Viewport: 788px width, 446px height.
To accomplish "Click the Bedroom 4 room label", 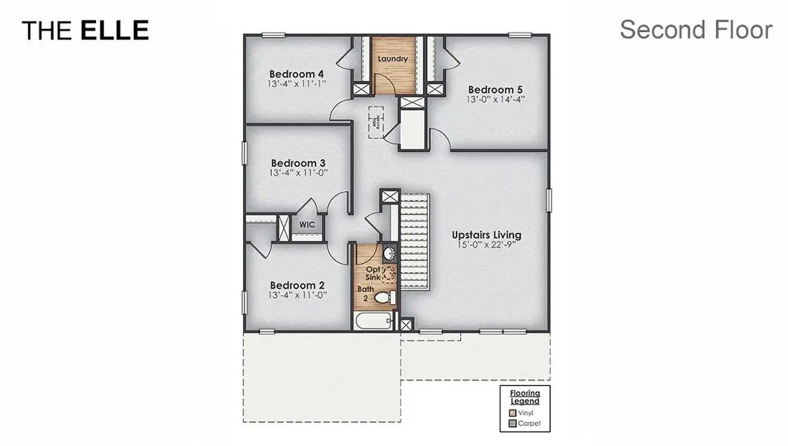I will coord(296,74).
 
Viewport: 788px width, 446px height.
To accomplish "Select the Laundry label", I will coord(393,58).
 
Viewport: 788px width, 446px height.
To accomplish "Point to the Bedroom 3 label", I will coord(298,163).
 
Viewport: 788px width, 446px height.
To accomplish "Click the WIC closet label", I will coord(307,224).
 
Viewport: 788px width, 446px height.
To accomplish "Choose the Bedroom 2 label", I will coord(297,285).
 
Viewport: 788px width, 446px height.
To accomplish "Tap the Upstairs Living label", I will coord(486,235).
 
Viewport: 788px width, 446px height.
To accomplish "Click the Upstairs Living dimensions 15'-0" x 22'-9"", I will coord(486,245).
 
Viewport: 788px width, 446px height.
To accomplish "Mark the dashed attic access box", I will coord(378,122).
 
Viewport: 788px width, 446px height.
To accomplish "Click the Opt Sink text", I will coord(373,273).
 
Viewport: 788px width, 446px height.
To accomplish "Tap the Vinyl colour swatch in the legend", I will coord(512,413).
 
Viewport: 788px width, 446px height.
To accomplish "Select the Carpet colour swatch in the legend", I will coord(512,424).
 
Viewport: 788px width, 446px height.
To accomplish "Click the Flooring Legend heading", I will coord(525,396).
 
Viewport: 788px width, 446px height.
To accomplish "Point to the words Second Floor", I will coord(696,30).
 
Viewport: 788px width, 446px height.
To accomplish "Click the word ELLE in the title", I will coord(114,30).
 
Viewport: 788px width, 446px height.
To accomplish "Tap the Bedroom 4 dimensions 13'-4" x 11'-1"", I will coord(297,84).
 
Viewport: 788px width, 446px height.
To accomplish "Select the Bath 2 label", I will coord(365,293).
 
